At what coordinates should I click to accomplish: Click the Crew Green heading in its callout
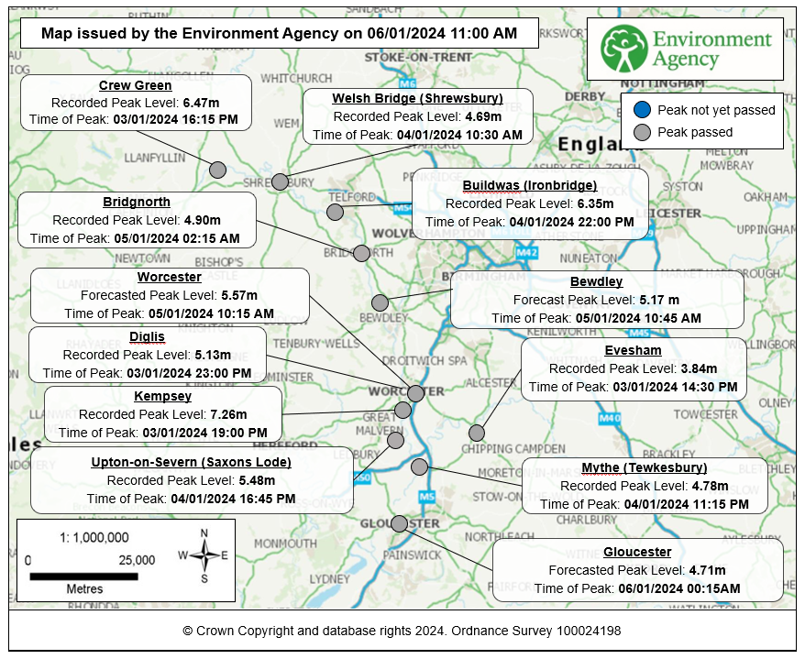(x=135, y=86)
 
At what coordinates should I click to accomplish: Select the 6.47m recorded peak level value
(x=201, y=103)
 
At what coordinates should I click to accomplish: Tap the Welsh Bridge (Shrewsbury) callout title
(x=417, y=99)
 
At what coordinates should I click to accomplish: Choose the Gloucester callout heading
(x=637, y=552)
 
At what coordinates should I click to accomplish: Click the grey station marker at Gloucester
(x=399, y=523)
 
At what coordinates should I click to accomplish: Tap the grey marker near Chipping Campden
(x=476, y=433)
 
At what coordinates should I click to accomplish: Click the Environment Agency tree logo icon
(x=624, y=49)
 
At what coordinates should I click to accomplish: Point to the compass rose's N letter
(x=204, y=533)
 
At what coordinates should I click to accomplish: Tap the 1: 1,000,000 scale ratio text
(x=82, y=538)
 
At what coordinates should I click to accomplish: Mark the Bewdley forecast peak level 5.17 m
(x=659, y=300)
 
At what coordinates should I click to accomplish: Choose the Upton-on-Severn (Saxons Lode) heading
(x=192, y=462)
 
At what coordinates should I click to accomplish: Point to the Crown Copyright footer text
(x=402, y=631)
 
